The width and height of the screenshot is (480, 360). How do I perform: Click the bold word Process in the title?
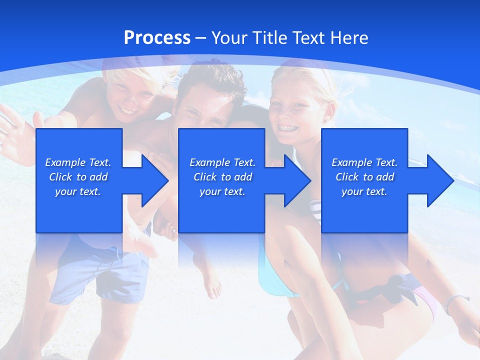click(157, 38)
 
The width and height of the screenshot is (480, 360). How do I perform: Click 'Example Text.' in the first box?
click(78, 162)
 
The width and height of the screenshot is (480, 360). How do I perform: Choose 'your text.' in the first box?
click(78, 191)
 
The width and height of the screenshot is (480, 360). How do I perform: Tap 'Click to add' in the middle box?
click(222, 177)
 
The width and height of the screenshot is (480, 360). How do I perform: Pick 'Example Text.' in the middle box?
click(222, 162)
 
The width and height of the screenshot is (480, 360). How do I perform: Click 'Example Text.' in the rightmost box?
click(364, 162)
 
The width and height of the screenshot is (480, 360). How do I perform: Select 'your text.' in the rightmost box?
click(364, 191)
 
